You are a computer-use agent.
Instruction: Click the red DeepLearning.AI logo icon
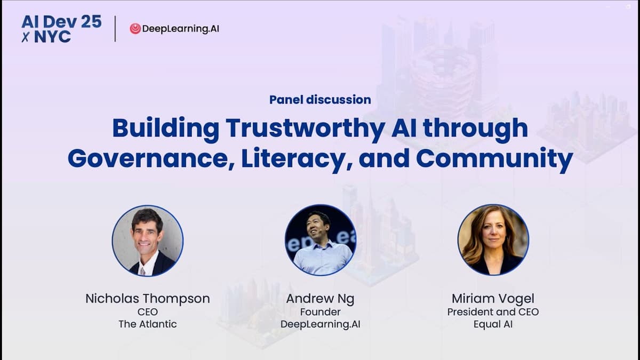135,29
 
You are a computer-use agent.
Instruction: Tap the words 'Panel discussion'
320,99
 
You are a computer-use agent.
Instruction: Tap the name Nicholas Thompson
148,299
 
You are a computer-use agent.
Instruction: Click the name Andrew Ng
320,299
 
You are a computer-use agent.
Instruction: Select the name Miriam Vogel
493,299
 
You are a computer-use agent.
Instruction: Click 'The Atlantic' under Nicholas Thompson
148,324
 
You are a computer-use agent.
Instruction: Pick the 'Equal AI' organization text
493,324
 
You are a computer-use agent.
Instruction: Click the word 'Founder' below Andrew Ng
320,312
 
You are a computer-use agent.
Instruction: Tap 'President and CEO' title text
493,312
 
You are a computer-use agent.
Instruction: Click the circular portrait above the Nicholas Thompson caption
148,240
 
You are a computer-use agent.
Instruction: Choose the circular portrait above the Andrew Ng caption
320,240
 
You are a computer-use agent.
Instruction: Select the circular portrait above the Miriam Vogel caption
493,240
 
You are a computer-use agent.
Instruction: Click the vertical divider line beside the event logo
116,29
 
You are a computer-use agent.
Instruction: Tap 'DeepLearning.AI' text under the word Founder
320,324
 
